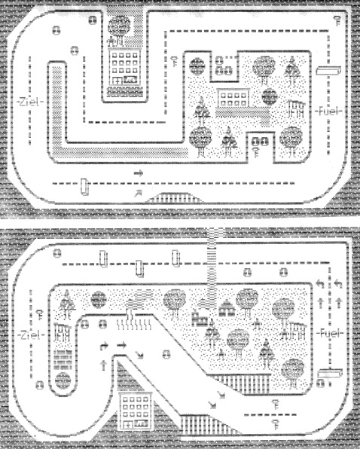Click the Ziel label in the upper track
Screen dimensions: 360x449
click(x=30, y=102)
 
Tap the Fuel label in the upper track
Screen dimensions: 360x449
click(x=329, y=111)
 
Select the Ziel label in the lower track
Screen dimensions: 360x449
click(x=31, y=334)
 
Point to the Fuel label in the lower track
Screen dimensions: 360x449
click(x=330, y=333)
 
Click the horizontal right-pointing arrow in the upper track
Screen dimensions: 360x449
click(x=139, y=173)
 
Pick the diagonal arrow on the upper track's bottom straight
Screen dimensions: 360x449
click(x=138, y=194)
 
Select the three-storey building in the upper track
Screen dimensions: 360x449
click(x=125, y=67)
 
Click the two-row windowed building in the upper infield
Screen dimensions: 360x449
click(x=233, y=98)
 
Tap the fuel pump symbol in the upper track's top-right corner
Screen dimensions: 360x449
click(x=338, y=21)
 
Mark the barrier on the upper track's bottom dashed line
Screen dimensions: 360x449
click(x=84, y=186)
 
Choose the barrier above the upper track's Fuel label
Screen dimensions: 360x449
click(x=328, y=71)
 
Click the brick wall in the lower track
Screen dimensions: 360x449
click(x=63, y=360)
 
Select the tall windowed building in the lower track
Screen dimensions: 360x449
click(x=135, y=411)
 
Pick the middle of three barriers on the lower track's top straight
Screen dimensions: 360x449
click(x=139, y=269)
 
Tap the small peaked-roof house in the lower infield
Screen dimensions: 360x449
click(x=227, y=308)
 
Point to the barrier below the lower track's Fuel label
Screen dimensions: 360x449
click(x=330, y=373)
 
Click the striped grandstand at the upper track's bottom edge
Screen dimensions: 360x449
click(x=174, y=197)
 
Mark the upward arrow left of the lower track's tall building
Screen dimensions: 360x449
click(x=104, y=365)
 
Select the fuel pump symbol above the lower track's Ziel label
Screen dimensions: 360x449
click(x=41, y=314)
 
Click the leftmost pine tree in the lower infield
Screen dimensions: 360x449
click(x=67, y=304)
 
